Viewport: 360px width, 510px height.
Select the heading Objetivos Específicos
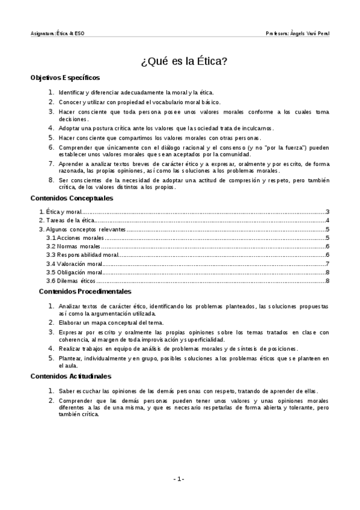[66, 78]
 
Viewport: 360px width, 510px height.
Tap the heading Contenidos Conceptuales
[72, 198]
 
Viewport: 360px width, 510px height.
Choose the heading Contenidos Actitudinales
[78, 377]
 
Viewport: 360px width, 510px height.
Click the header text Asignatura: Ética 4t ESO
[58, 33]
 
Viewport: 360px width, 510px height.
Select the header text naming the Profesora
[297, 33]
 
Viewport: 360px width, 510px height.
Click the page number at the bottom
[179, 479]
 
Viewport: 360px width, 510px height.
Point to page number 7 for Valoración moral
[326, 264]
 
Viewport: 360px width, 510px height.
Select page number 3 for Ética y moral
[326, 212]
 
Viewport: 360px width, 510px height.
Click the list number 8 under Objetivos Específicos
[52, 180]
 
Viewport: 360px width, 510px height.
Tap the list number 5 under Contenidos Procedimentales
[52, 358]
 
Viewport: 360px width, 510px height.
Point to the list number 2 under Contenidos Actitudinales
[52, 399]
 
